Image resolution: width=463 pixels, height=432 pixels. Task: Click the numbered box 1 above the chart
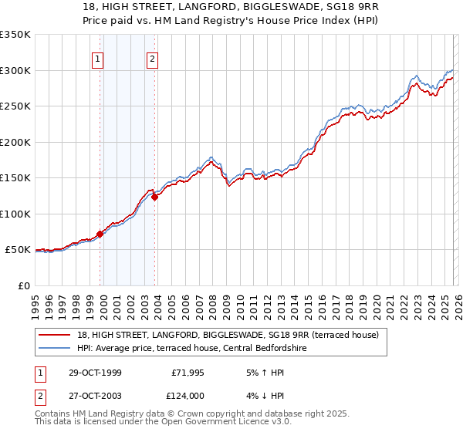click(x=99, y=59)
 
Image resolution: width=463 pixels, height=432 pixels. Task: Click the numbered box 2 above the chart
click(x=153, y=59)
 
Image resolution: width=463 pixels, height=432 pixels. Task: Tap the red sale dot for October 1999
click(x=100, y=234)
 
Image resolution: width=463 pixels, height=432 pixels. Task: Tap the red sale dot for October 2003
click(x=155, y=197)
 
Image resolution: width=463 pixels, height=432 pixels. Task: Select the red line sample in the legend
click(x=55, y=336)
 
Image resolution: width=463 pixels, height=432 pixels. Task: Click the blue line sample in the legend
click(x=55, y=349)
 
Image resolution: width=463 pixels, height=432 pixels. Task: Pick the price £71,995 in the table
click(x=187, y=373)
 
